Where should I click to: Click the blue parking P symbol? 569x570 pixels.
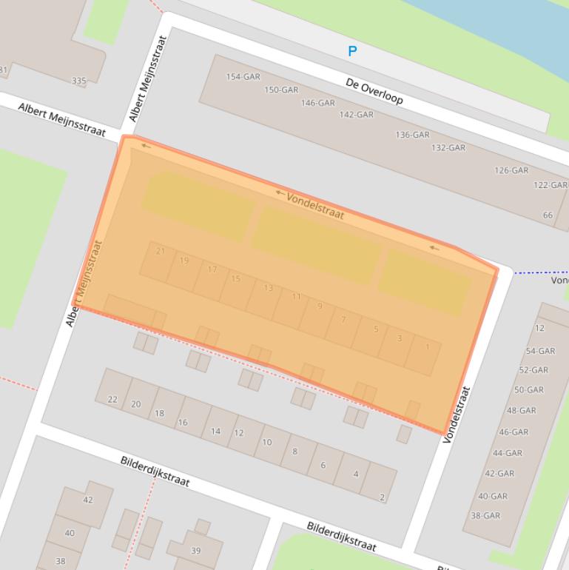pos(352,51)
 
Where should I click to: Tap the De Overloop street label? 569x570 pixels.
pos(374,92)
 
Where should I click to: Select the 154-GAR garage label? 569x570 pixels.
pos(243,77)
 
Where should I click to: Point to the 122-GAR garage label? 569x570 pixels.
pos(551,185)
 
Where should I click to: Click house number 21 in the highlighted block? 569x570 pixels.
pos(161,252)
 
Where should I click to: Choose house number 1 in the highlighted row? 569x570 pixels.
pos(427,346)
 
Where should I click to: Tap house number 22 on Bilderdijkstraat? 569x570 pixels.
pos(112,400)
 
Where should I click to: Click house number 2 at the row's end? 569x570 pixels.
pos(382,497)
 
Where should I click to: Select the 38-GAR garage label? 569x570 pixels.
pos(486,516)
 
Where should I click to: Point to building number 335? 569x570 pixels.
pos(78,81)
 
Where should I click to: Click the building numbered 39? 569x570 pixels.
pos(196,551)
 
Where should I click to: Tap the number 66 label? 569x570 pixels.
pos(548,215)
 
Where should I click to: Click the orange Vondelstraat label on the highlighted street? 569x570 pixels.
pos(315,206)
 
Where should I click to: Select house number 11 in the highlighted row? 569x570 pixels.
pos(296,297)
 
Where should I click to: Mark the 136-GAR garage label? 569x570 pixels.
pos(412,135)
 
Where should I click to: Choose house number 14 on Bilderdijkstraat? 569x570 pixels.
pos(215,432)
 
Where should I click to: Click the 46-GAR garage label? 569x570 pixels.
pos(514,432)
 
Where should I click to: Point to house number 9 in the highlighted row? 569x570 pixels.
pos(320,306)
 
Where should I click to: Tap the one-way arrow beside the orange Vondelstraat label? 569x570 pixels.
pos(280,193)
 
